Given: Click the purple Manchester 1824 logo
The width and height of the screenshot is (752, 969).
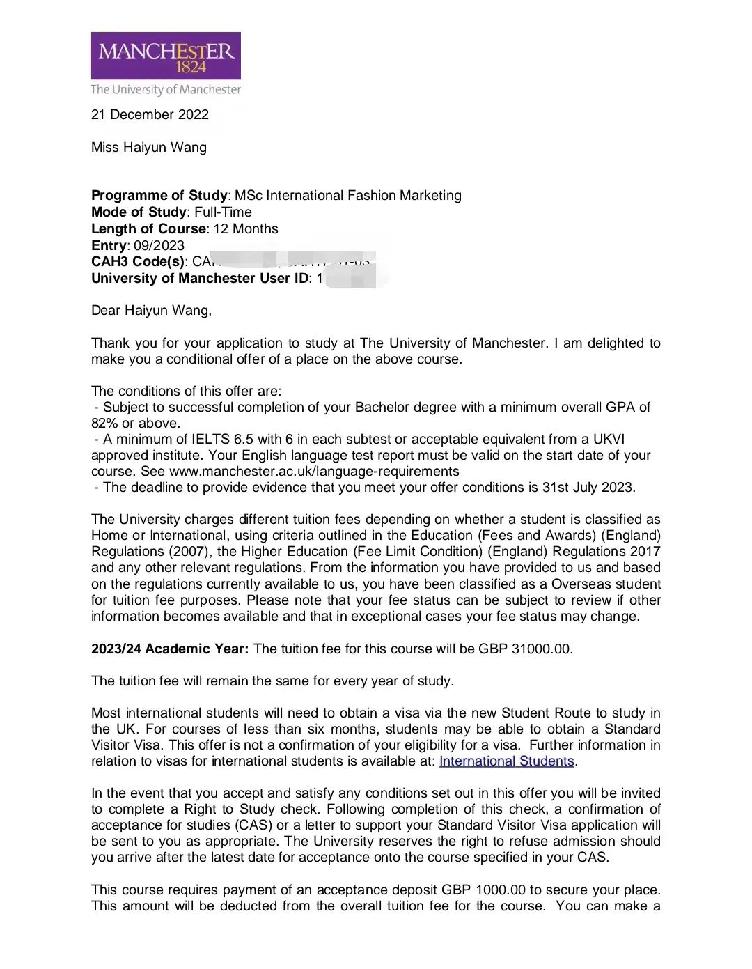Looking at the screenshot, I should [165, 55].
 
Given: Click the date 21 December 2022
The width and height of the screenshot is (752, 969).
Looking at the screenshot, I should [150, 115].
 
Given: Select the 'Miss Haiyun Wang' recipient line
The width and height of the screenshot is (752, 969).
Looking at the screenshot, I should [149, 148].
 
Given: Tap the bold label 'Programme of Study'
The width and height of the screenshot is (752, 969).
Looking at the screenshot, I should [159, 196].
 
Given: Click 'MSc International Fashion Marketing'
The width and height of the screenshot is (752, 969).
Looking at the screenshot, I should [348, 196].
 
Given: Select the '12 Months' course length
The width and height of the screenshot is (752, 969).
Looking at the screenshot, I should [246, 229].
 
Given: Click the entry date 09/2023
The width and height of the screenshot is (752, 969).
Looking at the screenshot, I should [159, 246].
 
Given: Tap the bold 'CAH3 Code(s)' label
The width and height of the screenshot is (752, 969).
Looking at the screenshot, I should [138, 263].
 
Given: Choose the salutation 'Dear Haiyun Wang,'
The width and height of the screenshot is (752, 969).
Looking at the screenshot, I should [151, 311].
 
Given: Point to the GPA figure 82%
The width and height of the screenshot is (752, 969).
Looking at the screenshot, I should [104, 424].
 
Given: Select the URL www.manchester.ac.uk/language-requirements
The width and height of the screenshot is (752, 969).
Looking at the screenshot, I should [314, 472].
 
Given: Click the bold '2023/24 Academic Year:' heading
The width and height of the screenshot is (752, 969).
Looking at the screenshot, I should [169, 649].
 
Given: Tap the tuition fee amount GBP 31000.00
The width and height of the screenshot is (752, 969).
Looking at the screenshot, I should [525, 649].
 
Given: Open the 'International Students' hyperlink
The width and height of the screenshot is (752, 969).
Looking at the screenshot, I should [507, 761].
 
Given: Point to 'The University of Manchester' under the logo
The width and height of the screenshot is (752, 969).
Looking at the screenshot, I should [166, 90].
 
